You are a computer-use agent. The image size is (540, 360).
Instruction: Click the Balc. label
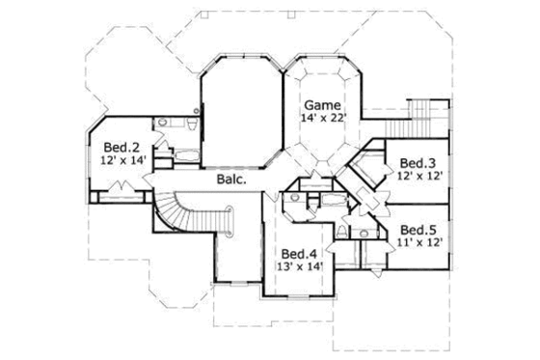[229, 180]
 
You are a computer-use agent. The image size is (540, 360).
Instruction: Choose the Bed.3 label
[417, 162]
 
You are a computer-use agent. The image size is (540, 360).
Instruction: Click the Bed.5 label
[419, 229]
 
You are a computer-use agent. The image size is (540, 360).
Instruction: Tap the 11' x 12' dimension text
[419, 243]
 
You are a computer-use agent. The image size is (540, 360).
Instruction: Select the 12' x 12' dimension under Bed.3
[418, 177]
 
